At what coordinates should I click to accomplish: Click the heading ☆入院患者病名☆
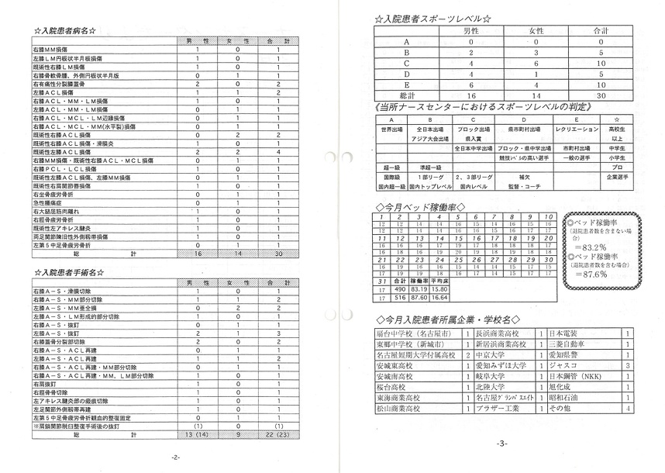pyautogui.click(x=66, y=31)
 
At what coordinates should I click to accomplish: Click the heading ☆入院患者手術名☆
pyautogui.click(x=71, y=273)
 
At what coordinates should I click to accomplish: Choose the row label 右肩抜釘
pyautogui.click(x=46, y=383)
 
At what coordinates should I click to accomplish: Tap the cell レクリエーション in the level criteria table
pyautogui.click(x=577, y=130)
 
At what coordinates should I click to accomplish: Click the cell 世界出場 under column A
pyautogui.click(x=393, y=130)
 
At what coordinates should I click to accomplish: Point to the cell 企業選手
pyautogui.click(x=618, y=177)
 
